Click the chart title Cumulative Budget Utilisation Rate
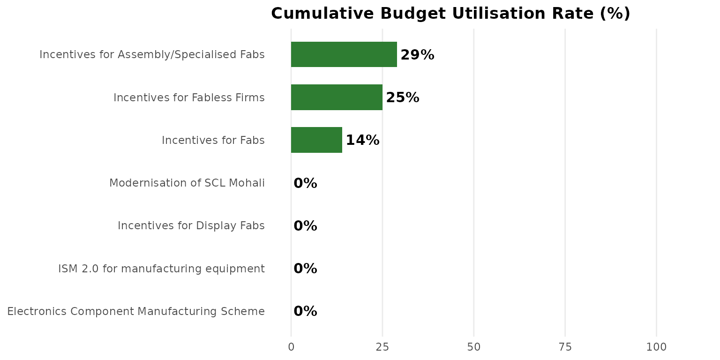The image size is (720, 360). click(x=450, y=14)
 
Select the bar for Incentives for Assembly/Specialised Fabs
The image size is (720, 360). click(x=344, y=54)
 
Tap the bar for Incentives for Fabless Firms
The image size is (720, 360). click(x=337, y=97)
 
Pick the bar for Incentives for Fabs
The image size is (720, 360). click(x=316, y=140)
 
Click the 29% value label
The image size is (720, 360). click(x=417, y=55)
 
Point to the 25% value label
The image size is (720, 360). click(x=402, y=98)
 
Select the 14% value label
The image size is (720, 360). click(x=362, y=141)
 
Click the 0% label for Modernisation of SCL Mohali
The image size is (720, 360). click(x=305, y=183)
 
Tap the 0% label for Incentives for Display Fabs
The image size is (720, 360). click(x=305, y=226)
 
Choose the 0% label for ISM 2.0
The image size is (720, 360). click(x=305, y=269)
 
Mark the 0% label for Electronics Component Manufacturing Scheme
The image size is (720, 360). click(x=305, y=311)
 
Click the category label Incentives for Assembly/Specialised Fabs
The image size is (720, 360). click(x=152, y=55)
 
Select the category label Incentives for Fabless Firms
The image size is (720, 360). click(x=189, y=97)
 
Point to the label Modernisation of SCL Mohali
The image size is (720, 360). click(x=187, y=183)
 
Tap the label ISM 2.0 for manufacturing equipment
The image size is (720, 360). click(x=161, y=269)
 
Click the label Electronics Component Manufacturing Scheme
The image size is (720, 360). click(x=136, y=311)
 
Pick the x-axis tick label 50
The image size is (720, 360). click(x=474, y=347)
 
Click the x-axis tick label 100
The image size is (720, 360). click(x=656, y=347)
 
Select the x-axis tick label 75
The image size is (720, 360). click(x=565, y=347)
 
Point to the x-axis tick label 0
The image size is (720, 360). click(x=291, y=347)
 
